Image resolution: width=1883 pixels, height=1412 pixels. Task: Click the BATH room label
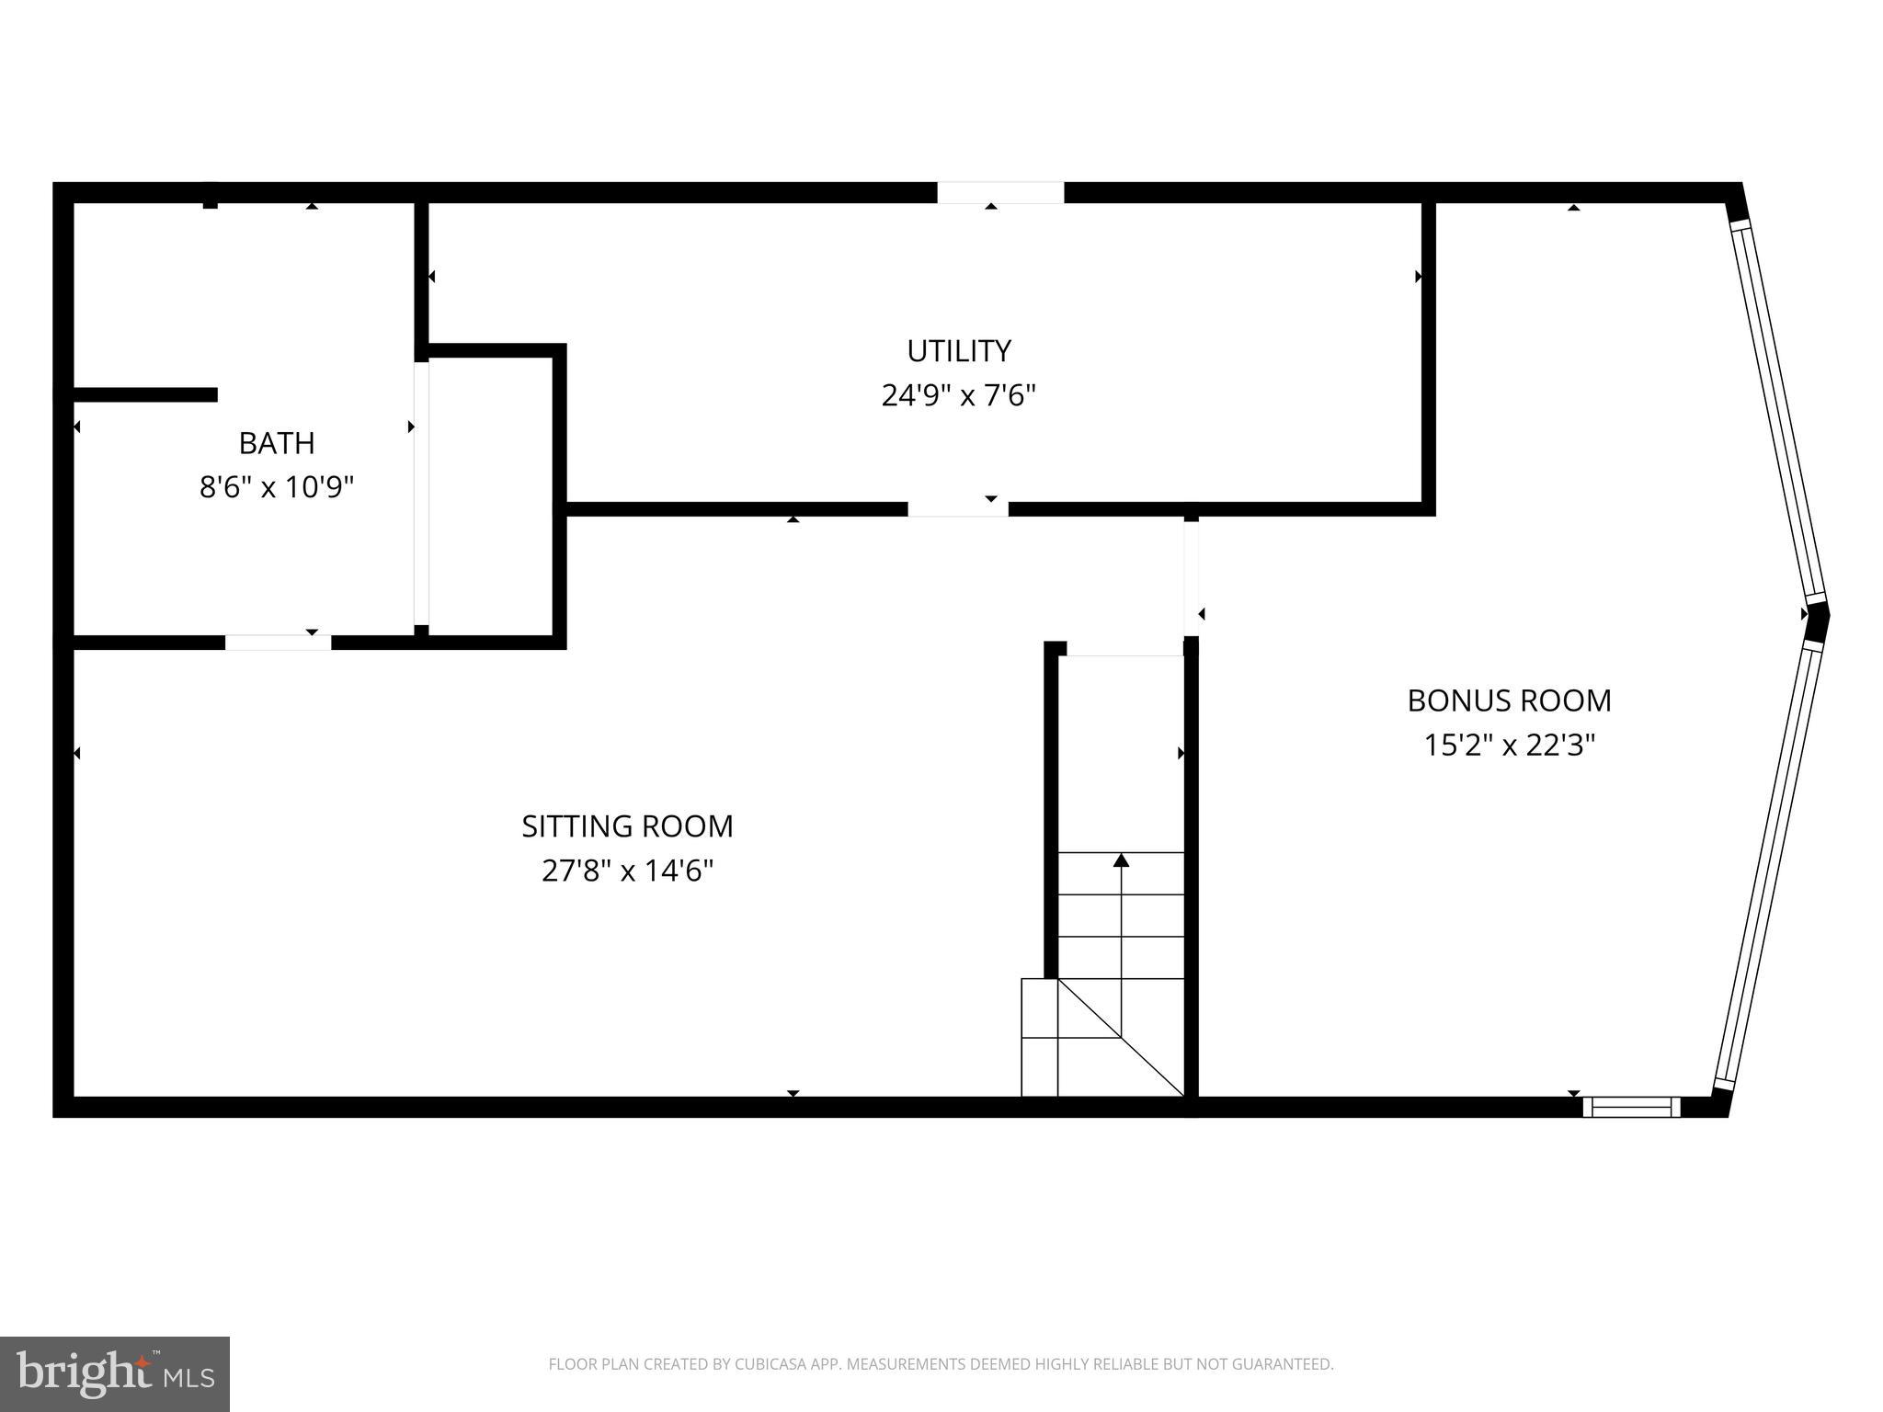pos(277,443)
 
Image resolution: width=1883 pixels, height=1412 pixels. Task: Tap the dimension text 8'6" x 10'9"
pos(277,486)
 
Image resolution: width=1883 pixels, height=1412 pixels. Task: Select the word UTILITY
pos(959,351)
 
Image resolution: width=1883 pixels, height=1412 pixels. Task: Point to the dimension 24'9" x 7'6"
pos(959,395)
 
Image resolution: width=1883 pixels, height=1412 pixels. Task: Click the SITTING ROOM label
pos(627,826)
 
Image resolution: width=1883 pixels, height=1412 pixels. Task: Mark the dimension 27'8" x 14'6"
pos(627,870)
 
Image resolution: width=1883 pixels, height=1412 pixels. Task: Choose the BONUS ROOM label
pos(1509,700)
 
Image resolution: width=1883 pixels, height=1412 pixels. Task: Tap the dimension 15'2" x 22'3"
pos(1509,745)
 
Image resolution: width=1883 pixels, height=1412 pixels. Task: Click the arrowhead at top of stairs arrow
pos(1121,860)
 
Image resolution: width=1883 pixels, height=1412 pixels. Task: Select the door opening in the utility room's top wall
pos(1000,193)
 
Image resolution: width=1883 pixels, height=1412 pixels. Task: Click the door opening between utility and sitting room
pos(957,509)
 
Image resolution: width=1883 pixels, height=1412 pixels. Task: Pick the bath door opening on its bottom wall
pos(278,643)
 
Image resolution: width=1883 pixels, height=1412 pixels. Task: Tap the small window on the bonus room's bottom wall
pos(1631,1107)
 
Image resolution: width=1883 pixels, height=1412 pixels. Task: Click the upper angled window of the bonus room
pos(1778,414)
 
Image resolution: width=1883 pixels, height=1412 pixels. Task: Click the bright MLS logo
pos(114,1373)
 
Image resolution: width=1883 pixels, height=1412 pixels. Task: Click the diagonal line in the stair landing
pos(1121,1038)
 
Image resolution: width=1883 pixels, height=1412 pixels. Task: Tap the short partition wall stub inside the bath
pos(145,394)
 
